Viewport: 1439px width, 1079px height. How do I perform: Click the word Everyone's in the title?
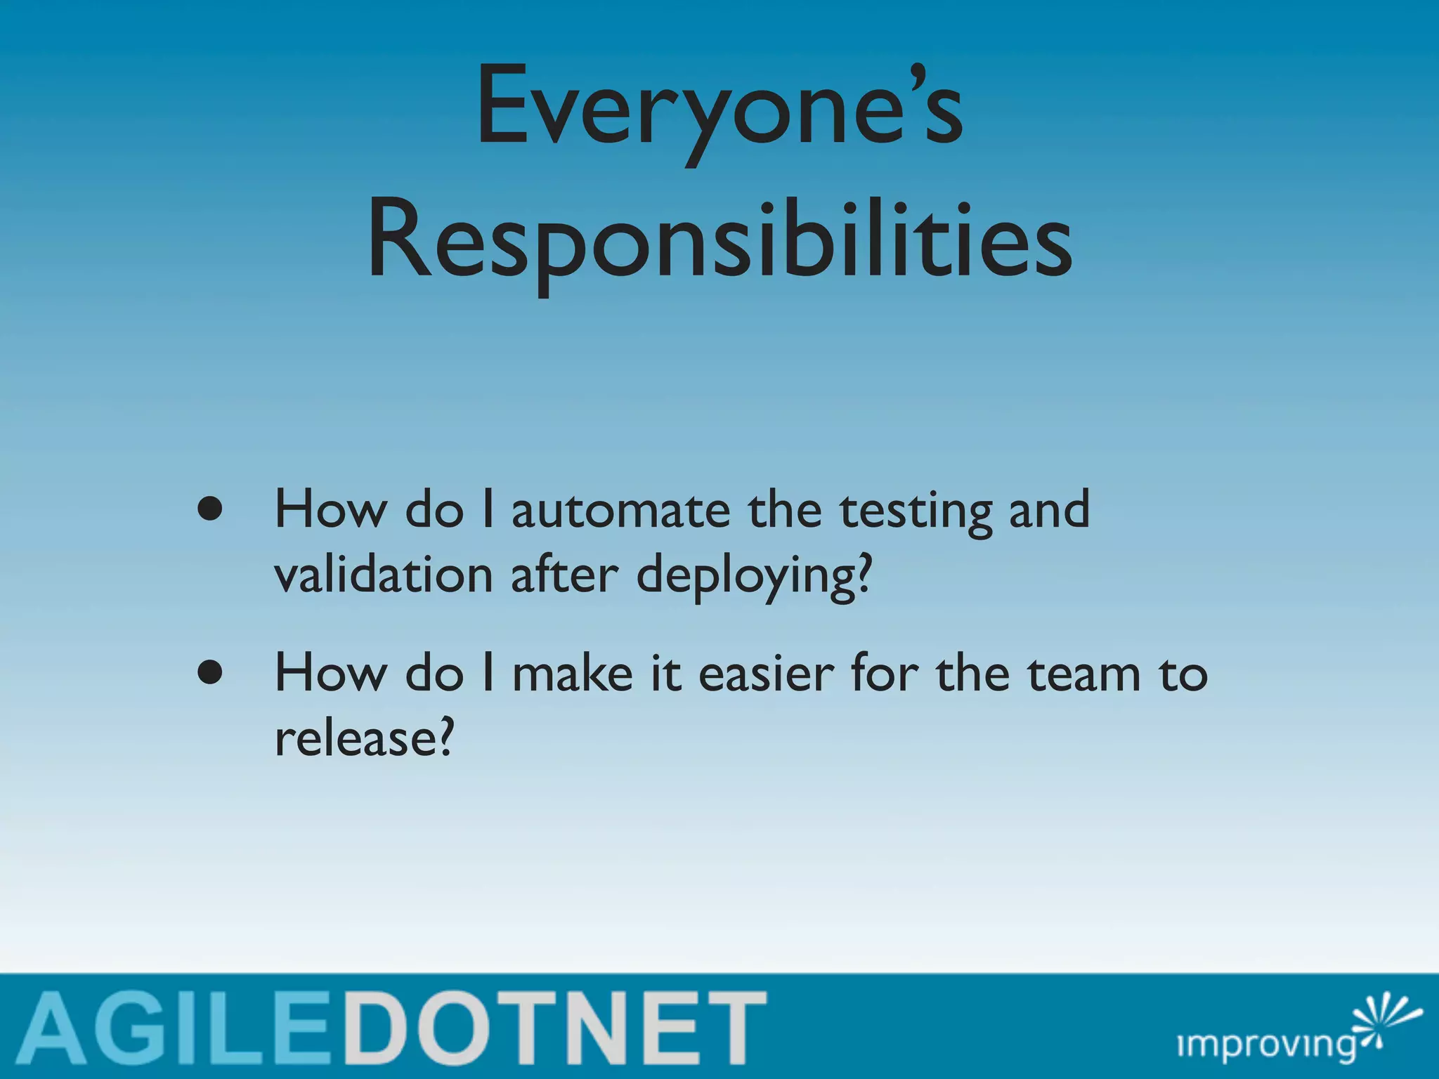click(x=719, y=109)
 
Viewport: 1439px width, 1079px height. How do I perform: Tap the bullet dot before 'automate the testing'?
click(x=210, y=509)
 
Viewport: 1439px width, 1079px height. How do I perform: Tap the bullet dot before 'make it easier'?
click(x=210, y=672)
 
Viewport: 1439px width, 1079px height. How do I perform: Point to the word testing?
click(x=916, y=511)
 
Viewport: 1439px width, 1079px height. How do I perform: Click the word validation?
click(x=384, y=574)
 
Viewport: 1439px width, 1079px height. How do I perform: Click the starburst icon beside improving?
click(x=1381, y=1022)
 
